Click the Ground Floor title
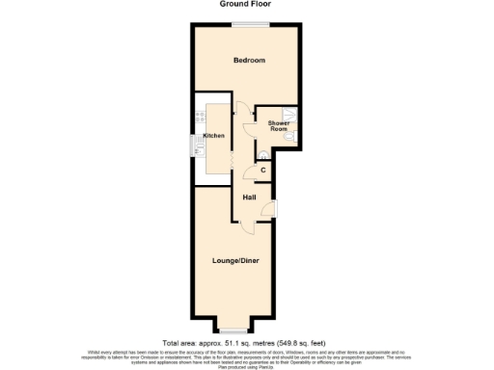[x=247, y=4]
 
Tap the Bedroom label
[x=249, y=60]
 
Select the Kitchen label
[x=213, y=136]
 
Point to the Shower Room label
[x=279, y=126]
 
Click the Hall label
[x=249, y=197]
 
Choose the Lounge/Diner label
[x=235, y=261]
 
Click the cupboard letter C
[x=262, y=171]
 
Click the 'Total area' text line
[x=246, y=343]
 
